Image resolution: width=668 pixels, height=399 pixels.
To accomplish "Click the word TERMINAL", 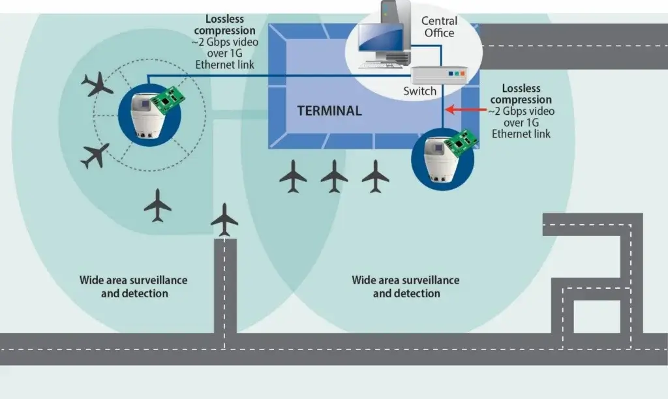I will pos(329,111).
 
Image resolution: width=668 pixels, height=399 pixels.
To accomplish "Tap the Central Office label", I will pos(438,27).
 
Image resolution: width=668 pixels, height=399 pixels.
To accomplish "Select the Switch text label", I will pos(419,91).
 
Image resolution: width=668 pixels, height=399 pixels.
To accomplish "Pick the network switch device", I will pos(438,75).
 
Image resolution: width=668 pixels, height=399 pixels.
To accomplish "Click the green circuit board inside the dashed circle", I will pos(168,99).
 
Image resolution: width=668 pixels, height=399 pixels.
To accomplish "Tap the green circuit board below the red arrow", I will pos(462,145).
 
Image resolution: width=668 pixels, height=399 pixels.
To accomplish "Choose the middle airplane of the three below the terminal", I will pos(334,176).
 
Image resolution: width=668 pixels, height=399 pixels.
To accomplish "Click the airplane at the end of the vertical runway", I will pos(225,219).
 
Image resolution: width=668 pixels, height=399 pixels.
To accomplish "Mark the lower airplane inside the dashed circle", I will pos(95,155).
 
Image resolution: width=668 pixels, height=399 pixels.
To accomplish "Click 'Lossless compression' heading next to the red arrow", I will pos(521,94).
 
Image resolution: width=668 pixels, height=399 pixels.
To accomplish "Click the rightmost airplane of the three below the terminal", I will pos(376,176).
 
